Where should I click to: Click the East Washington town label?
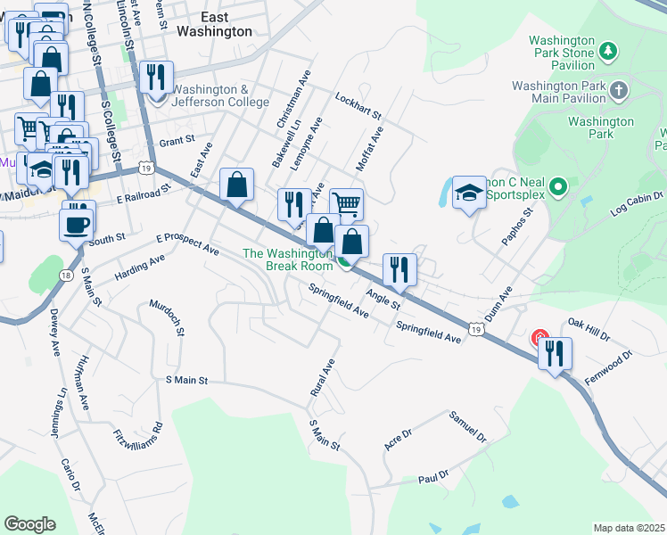tap(214, 24)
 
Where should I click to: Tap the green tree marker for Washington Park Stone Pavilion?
tap(608, 50)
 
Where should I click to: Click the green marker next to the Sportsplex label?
tap(558, 187)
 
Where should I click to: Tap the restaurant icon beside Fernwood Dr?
tap(555, 353)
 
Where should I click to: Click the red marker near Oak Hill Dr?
tap(539, 338)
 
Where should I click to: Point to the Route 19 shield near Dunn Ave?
tap(478, 330)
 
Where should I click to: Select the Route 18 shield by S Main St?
tap(67, 276)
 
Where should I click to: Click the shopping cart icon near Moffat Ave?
tap(346, 204)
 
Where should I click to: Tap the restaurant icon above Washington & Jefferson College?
tap(157, 77)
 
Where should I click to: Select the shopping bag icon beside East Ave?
tap(236, 185)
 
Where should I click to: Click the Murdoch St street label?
tap(167, 319)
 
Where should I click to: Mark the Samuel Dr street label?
tap(467, 428)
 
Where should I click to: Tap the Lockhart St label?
tap(358, 106)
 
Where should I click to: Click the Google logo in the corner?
tap(30, 524)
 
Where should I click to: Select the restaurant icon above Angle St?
tap(399, 270)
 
